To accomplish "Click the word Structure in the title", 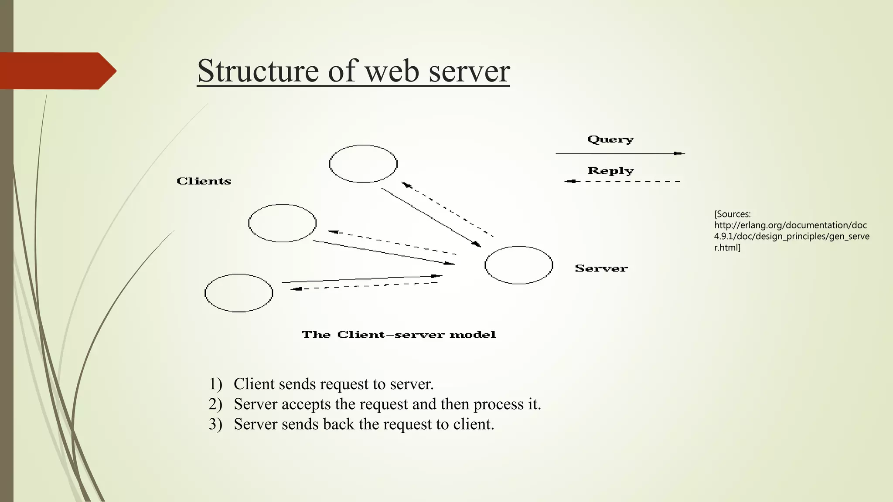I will tap(258, 71).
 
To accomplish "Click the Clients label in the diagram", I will tap(204, 181).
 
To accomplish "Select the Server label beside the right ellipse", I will tap(601, 268).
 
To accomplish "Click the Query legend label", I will tap(610, 139).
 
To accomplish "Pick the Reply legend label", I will tap(610, 171).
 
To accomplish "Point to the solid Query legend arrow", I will tap(619, 153).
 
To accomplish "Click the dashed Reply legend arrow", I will tap(623, 181).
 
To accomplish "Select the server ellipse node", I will tap(519, 265).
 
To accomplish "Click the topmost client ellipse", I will tap(363, 164).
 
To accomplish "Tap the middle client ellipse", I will tap(283, 223).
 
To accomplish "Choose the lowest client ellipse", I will tap(239, 293).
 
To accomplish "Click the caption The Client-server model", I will tap(399, 335).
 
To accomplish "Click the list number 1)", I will tap(215, 384).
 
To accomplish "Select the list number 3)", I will tap(215, 424).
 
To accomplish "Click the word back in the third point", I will tap(338, 424).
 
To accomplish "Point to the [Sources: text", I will tap(733, 214).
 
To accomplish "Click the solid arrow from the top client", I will tap(431, 217).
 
